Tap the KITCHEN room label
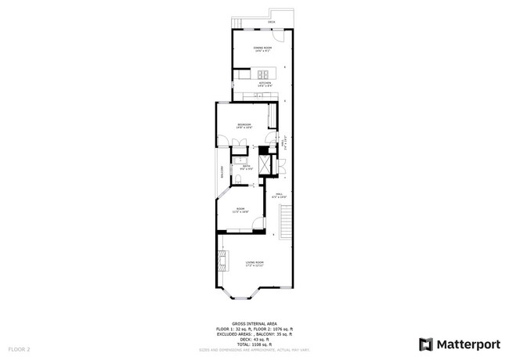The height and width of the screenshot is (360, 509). click(x=265, y=82)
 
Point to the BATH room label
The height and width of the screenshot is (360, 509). click(x=245, y=166)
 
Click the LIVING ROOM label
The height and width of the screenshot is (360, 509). click(x=254, y=263)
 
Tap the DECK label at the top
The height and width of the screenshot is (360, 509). click(x=271, y=23)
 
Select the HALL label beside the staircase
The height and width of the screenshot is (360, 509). click(x=278, y=195)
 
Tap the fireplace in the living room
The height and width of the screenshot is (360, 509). click(x=223, y=260)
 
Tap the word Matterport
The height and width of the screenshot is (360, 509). click(x=468, y=343)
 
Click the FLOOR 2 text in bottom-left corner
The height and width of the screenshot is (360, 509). click(x=19, y=348)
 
